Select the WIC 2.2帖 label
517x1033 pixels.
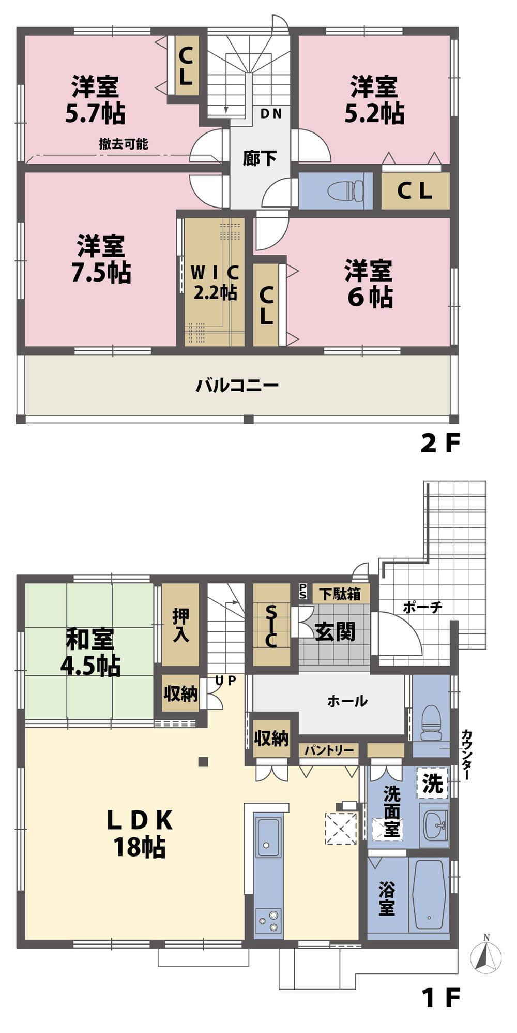coord(215,282)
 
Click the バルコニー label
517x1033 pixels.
coord(237,385)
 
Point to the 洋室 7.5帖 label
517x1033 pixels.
coord(101,259)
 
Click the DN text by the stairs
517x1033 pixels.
coord(271,113)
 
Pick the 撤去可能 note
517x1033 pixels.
coord(124,144)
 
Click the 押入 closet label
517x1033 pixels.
coord(180,625)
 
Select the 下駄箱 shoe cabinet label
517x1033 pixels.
coord(340,593)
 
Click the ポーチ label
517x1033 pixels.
coord(422,607)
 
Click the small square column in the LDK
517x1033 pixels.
coord(203,761)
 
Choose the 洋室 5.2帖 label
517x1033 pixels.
coord(374,100)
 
